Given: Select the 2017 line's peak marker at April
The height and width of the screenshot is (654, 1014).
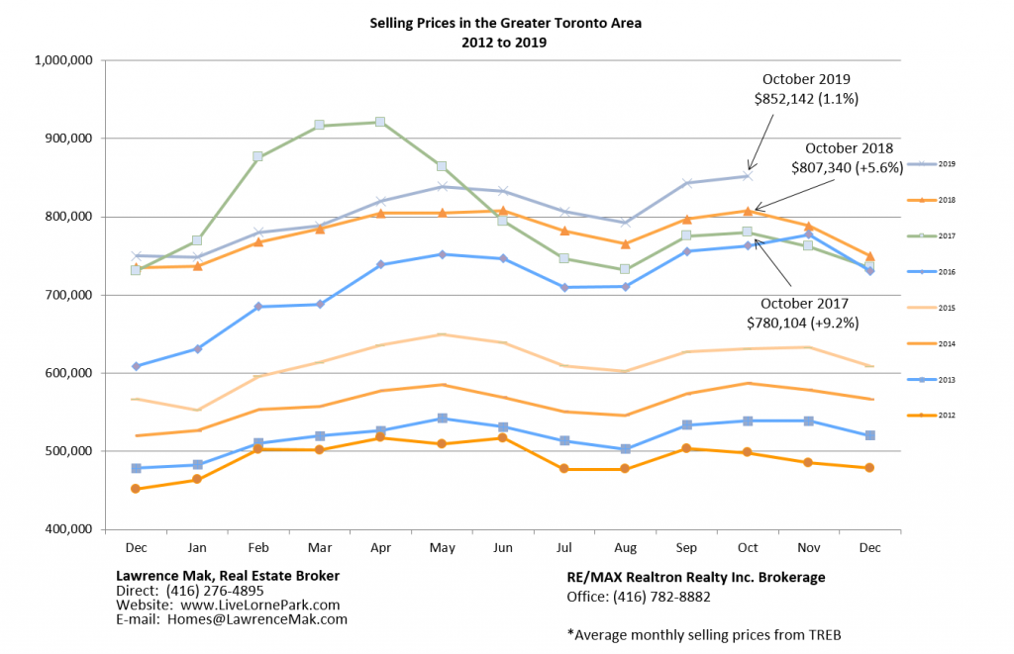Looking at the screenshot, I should tap(380, 122).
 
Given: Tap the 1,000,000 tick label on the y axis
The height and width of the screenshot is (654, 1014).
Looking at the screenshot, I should tap(63, 60).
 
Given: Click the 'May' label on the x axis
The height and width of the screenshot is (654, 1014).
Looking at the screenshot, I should tap(442, 547).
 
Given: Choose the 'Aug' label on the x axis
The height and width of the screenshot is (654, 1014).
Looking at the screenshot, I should tap(625, 547).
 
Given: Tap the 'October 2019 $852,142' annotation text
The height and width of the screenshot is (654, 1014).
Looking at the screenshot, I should tap(807, 88).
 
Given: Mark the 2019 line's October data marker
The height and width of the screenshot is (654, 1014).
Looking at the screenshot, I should tap(748, 176).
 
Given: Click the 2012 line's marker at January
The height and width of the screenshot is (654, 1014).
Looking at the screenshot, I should tap(197, 479).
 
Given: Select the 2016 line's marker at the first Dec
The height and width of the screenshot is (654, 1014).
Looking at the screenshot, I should tap(136, 366).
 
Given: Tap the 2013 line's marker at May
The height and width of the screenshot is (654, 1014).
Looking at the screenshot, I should tap(442, 419).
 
